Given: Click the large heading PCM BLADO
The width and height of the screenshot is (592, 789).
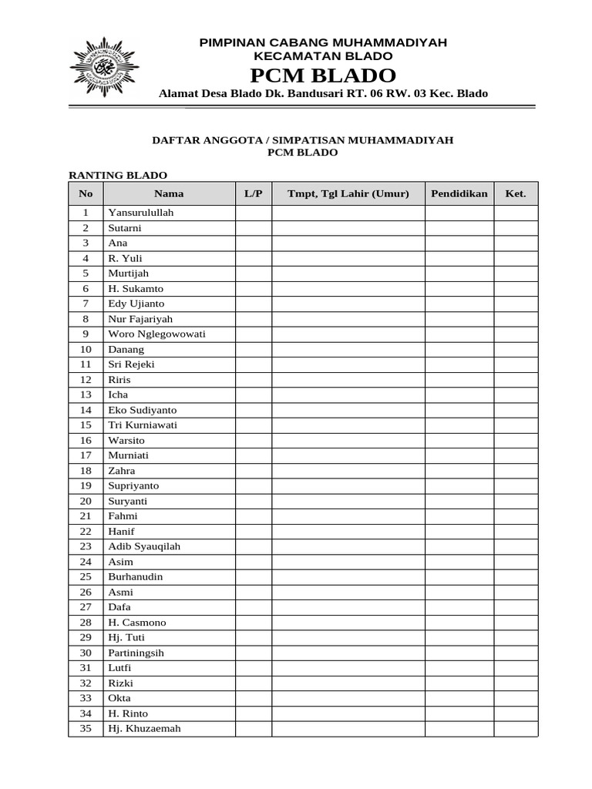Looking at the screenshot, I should (x=323, y=76).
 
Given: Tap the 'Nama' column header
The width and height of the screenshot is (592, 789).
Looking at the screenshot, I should (x=169, y=193).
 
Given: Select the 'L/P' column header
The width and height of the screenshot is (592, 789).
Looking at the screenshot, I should (x=254, y=193).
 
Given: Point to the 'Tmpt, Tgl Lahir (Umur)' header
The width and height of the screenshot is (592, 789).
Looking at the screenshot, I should (x=348, y=193).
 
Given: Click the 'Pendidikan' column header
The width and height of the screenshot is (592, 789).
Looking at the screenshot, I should (x=459, y=193).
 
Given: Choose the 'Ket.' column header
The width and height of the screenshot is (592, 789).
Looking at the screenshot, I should (x=516, y=193).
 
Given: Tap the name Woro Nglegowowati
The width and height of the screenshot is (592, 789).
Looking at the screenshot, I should (x=157, y=334).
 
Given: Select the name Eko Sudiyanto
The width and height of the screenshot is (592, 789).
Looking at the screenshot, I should (x=143, y=410).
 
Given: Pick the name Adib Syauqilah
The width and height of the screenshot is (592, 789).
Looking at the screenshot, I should (x=144, y=546).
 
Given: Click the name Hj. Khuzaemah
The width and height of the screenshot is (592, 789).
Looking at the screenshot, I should (x=145, y=728).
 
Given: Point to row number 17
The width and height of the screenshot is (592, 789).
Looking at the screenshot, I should (x=86, y=455).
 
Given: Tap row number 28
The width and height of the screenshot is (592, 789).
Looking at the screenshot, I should (x=86, y=623).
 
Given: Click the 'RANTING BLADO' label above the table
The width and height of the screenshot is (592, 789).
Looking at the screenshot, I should (x=118, y=176).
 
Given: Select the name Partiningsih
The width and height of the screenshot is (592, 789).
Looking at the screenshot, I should (x=136, y=653).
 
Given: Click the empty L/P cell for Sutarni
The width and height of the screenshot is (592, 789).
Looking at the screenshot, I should (x=254, y=228).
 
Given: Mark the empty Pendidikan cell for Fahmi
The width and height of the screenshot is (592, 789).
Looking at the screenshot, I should (x=459, y=516).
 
